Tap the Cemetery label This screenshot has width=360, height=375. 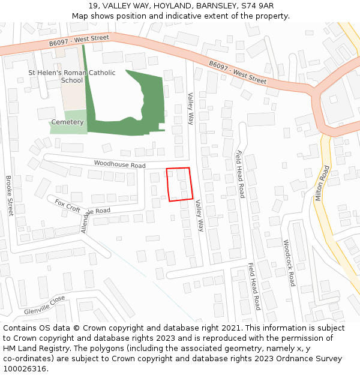(x=67, y=122)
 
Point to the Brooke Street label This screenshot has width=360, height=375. (x=10, y=196)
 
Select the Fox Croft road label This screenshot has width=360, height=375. (x=67, y=206)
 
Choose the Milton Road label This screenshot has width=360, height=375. (x=322, y=183)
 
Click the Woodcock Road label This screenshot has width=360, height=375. (x=289, y=263)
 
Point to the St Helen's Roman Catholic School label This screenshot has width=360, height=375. (x=72, y=76)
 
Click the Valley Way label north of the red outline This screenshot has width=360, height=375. (x=190, y=109)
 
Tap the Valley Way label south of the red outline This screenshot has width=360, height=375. (x=200, y=216)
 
